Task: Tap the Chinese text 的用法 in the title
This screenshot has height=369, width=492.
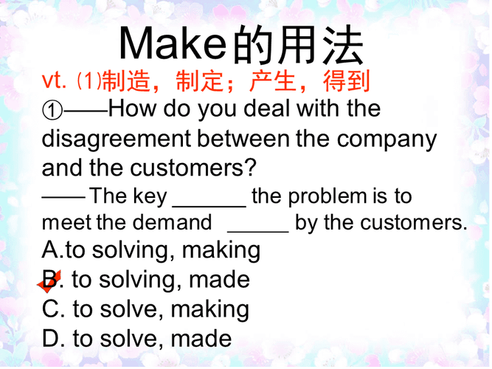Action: coord(298,45)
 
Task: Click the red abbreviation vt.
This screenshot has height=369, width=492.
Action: coord(55,80)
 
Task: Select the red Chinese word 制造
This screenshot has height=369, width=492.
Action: coord(124,80)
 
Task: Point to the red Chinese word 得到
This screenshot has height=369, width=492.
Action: coord(346,80)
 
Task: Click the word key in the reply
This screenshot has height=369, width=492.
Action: coord(150,196)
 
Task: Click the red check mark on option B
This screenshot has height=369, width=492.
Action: coord(49,282)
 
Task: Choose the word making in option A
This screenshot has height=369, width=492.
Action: coord(221,251)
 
